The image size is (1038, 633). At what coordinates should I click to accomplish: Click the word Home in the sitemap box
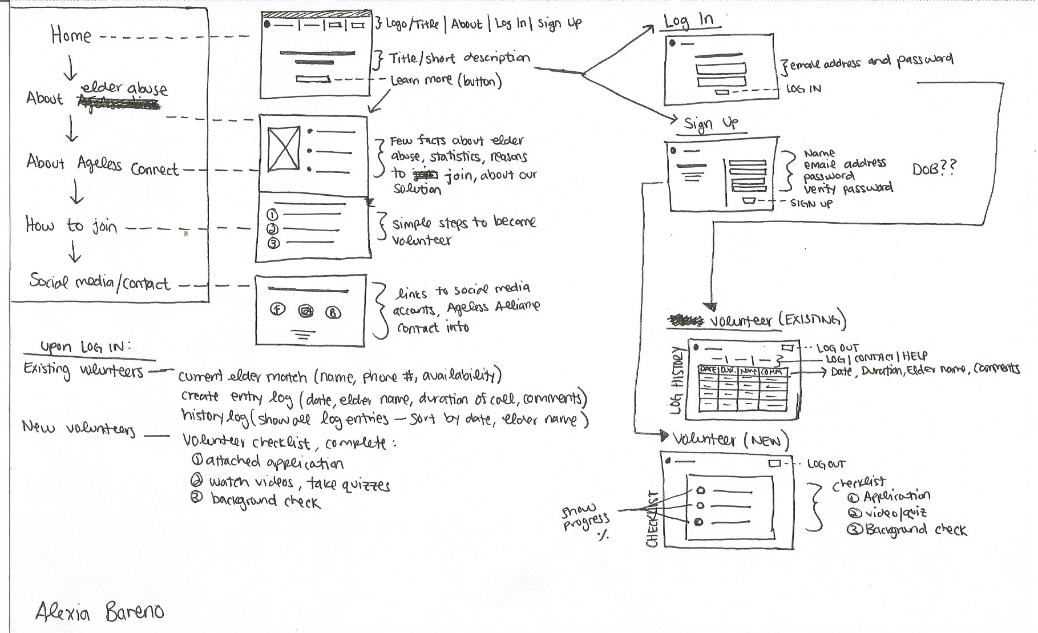71,35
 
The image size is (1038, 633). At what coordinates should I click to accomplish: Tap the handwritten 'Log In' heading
689,21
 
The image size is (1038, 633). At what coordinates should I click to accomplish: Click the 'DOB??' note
934,168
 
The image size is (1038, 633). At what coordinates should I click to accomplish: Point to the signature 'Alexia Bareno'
99,612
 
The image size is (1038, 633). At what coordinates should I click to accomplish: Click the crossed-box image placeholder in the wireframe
283,148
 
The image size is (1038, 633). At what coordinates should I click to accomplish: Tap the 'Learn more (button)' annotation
446,80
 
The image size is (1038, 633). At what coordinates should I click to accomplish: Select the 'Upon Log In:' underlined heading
86,347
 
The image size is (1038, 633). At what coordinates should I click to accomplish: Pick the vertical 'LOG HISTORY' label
677,380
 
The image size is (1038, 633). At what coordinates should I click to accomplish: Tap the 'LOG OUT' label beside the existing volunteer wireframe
837,348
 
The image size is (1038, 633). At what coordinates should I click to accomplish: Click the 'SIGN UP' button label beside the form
811,203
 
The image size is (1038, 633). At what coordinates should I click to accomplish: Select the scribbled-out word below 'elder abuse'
118,103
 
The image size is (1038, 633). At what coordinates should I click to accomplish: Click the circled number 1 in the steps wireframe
273,215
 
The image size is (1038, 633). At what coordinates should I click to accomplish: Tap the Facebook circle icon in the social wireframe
278,310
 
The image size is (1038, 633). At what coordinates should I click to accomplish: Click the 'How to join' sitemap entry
71,226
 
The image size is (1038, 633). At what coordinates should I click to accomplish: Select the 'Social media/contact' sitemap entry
100,282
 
